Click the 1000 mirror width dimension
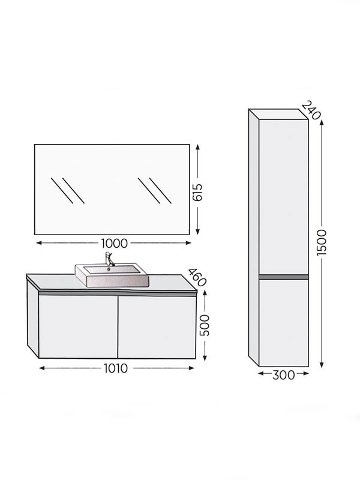[x=114, y=244]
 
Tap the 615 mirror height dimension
[x=198, y=192]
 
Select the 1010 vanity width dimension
[x=116, y=368]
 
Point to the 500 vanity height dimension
[x=205, y=325]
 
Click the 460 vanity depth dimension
[x=197, y=277]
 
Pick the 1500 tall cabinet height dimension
[x=322, y=242]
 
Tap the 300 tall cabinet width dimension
[x=283, y=374]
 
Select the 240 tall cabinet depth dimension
[x=311, y=110]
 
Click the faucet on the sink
[x=109, y=259]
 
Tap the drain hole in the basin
[x=108, y=269]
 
